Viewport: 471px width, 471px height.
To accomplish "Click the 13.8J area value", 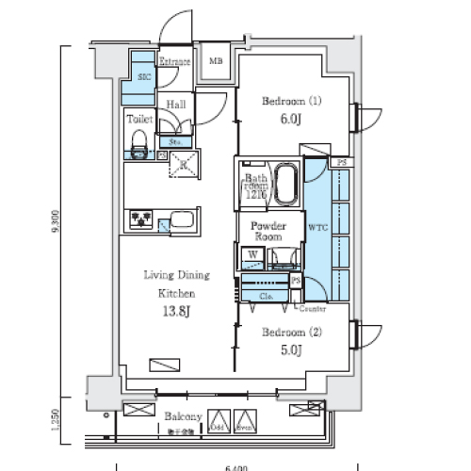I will click(176, 313).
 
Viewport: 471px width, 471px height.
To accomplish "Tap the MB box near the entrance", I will click(216, 61).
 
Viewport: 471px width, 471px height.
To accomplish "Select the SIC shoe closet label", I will click(144, 77).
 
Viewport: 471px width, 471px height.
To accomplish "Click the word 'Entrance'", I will click(175, 61).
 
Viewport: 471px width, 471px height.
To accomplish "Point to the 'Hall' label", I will click(175, 105).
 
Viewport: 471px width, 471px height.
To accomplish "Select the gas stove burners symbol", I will click(142, 221).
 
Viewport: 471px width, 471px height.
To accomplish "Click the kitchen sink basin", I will click(183, 223).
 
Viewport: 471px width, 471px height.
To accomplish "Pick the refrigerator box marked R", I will click(183, 164).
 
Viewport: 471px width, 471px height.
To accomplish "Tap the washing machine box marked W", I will click(252, 254).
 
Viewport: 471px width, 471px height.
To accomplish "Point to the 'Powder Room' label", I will click(268, 232).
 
